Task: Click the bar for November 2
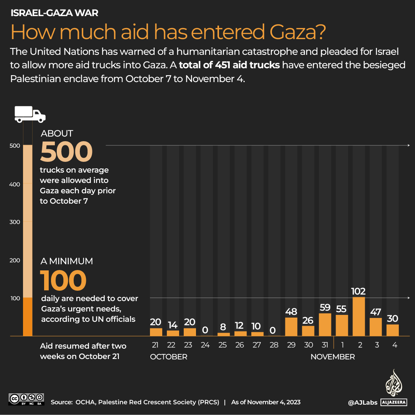(359, 317)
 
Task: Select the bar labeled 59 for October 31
(325, 325)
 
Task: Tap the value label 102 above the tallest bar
(359, 291)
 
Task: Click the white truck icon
(30, 114)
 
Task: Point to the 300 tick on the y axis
(15, 222)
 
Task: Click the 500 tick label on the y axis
(15, 146)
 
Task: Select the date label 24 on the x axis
(205, 345)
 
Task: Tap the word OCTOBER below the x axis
(169, 357)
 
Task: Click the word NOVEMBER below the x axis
(333, 357)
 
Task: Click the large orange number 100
(63, 280)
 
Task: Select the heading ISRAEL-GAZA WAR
(54, 13)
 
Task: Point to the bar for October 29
(291, 327)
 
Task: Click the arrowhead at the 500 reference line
(408, 146)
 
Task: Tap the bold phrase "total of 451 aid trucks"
(229, 65)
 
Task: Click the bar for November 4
(392, 330)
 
